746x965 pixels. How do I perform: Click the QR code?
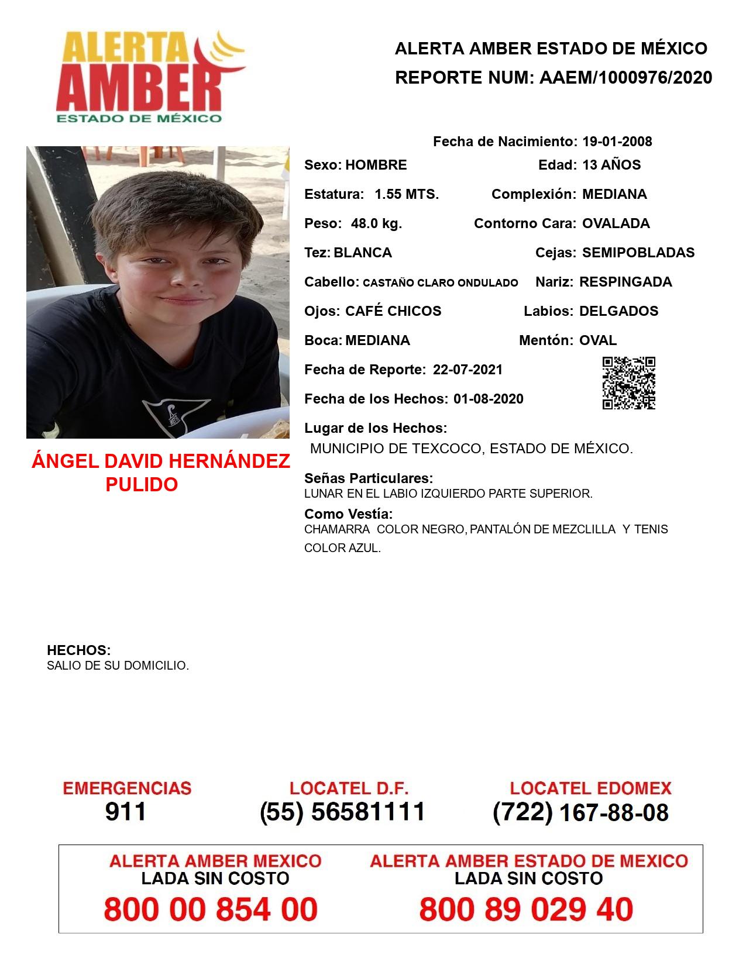[x=629, y=383]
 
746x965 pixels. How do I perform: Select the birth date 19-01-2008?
[x=617, y=142]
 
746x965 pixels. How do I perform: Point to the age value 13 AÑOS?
[x=611, y=165]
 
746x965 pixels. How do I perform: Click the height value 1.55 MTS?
[x=407, y=194]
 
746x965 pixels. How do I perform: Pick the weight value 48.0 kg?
[x=376, y=223]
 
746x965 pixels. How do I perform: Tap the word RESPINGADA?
[x=625, y=282]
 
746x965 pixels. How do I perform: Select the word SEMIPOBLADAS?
[x=638, y=253]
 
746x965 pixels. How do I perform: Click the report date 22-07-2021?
[x=467, y=370]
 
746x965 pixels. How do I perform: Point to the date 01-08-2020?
[x=489, y=399]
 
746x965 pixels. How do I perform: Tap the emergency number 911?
[x=126, y=812]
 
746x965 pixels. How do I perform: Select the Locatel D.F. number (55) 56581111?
[x=342, y=812]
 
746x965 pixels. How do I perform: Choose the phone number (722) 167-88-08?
[x=580, y=812]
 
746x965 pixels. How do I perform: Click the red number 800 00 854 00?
[x=211, y=909]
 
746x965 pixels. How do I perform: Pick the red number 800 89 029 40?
[x=526, y=909]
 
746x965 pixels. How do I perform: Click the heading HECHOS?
[x=78, y=650]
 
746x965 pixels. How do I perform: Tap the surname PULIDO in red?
[x=142, y=484]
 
